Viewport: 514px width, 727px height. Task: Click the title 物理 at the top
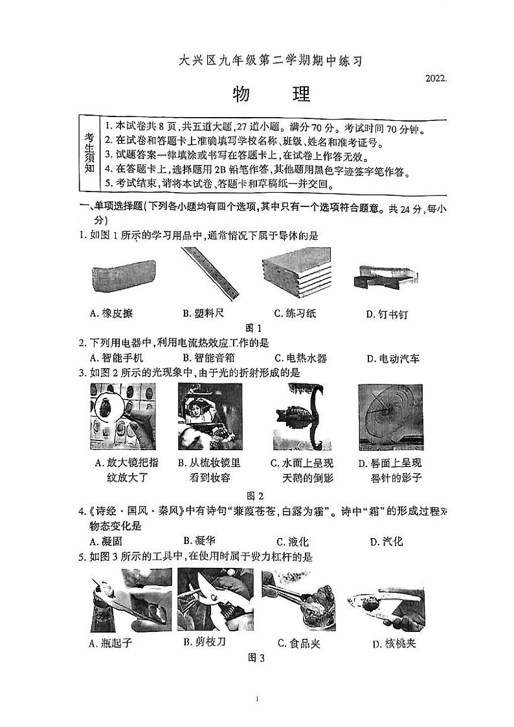pos(271,94)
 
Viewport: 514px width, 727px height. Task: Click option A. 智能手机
pos(117,358)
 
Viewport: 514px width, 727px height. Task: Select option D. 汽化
pos(386,541)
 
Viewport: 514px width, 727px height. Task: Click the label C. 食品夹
pos(298,643)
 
